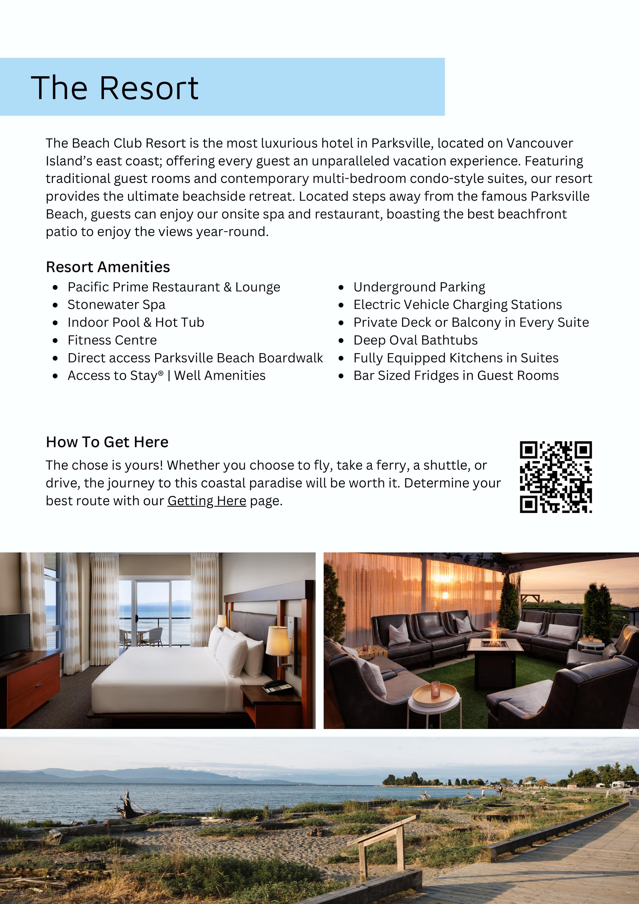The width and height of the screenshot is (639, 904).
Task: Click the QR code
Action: point(556,477)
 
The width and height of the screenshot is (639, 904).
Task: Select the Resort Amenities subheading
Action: point(108,267)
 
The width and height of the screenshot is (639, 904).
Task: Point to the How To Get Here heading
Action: point(107,442)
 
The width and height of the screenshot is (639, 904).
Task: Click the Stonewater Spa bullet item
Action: point(116,305)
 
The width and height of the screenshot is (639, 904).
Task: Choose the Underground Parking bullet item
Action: point(419,287)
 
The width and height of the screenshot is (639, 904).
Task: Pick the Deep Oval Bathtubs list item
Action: point(415,340)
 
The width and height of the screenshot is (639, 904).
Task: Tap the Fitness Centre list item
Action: point(112,340)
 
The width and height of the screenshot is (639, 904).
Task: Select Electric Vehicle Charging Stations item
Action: point(457,305)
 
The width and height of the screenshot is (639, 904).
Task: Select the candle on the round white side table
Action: point(435,689)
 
